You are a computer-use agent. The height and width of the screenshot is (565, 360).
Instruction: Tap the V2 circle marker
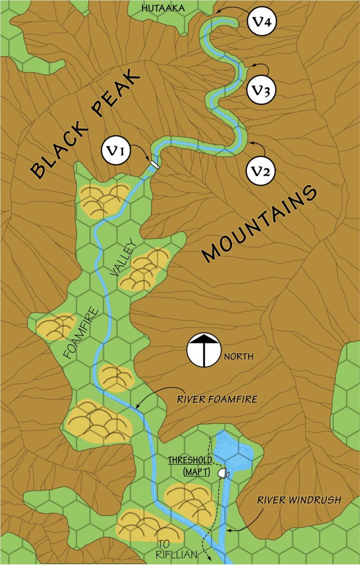pyautogui.click(x=261, y=171)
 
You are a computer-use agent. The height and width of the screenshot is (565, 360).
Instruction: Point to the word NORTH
pyautogui.click(x=239, y=357)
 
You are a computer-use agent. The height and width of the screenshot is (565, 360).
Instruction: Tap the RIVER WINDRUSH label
pyautogui.click(x=298, y=500)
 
